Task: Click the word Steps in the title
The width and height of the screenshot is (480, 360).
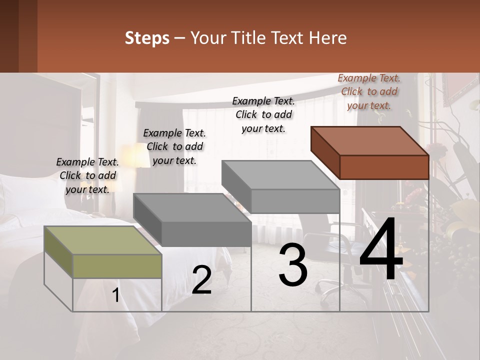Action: coord(147,38)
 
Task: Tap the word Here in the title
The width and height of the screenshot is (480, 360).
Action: coord(328,38)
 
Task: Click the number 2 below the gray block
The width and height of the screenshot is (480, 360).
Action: coord(201,280)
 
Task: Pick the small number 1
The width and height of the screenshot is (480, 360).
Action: coord(116,295)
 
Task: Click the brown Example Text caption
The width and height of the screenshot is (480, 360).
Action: coord(369,91)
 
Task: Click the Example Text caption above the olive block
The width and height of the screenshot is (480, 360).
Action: coord(87,175)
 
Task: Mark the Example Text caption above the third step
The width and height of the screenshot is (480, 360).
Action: coord(263,114)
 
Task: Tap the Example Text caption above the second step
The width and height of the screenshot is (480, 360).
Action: coord(174,146)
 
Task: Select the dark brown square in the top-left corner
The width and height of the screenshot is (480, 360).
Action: coord(18,36)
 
